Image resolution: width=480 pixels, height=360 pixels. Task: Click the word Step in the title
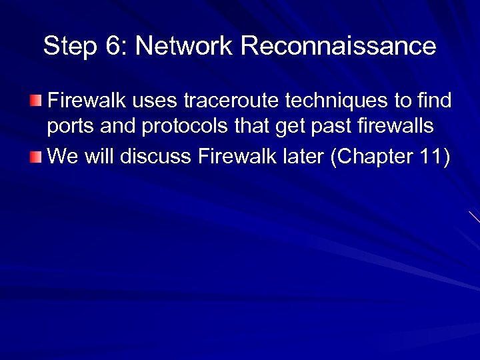pos(66,47)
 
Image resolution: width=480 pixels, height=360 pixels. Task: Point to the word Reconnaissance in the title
pos(338,47)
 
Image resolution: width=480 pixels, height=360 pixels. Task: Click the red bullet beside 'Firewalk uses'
pos(35,101)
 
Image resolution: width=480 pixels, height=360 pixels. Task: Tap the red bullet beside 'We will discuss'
pos(35,157)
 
